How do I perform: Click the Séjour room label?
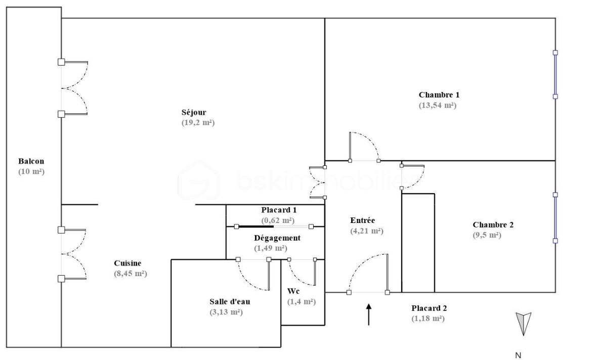[x=194, y=112]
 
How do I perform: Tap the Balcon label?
[x=31, y=161]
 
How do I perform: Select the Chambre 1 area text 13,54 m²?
[x=438, y=106]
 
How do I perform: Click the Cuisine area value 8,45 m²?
[x=131, y=274]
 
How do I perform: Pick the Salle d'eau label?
[x=230, y=301]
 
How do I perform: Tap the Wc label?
[x=293, y=291]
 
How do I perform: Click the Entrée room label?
[x=363, y=220]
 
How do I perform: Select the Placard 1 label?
[x=279, y=210]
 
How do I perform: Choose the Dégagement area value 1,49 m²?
[x=271, y=248]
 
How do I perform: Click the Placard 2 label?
[x=429, y=308]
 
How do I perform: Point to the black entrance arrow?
[x=369, y=314]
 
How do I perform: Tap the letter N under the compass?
[x=518, y=355]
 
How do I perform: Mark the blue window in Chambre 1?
[x=555, y=74]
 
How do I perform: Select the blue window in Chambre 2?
[x=555, y=217]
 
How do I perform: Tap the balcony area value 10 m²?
[x=31, y=172]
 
